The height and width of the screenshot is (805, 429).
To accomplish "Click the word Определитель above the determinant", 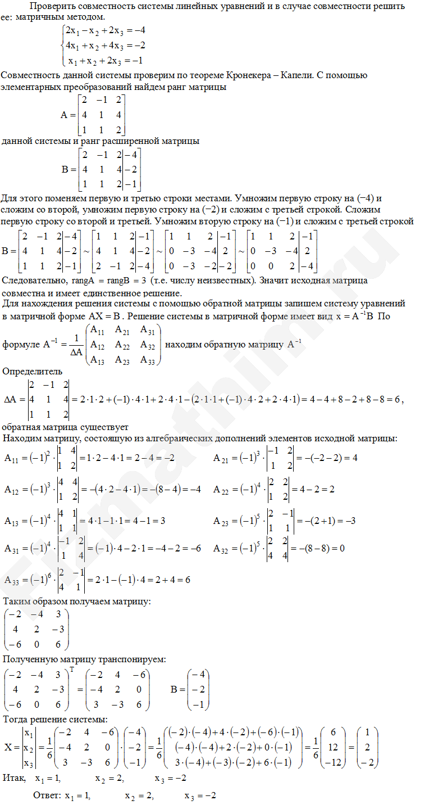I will [x=33, y=372].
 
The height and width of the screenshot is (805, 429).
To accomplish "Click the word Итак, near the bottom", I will [x=14, y=779].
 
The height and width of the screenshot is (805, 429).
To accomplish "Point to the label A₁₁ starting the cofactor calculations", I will [x=11, y=458].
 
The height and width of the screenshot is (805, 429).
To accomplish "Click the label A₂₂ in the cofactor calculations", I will [x=222, y=490].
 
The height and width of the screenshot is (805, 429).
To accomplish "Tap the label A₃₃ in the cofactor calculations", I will [x=12, y=580].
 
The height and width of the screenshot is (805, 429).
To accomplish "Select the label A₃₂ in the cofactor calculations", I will [x=223, y=548].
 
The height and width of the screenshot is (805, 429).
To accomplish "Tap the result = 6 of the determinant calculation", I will [x=395, y=399].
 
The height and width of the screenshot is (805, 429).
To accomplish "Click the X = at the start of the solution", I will [x=11, y=747].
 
